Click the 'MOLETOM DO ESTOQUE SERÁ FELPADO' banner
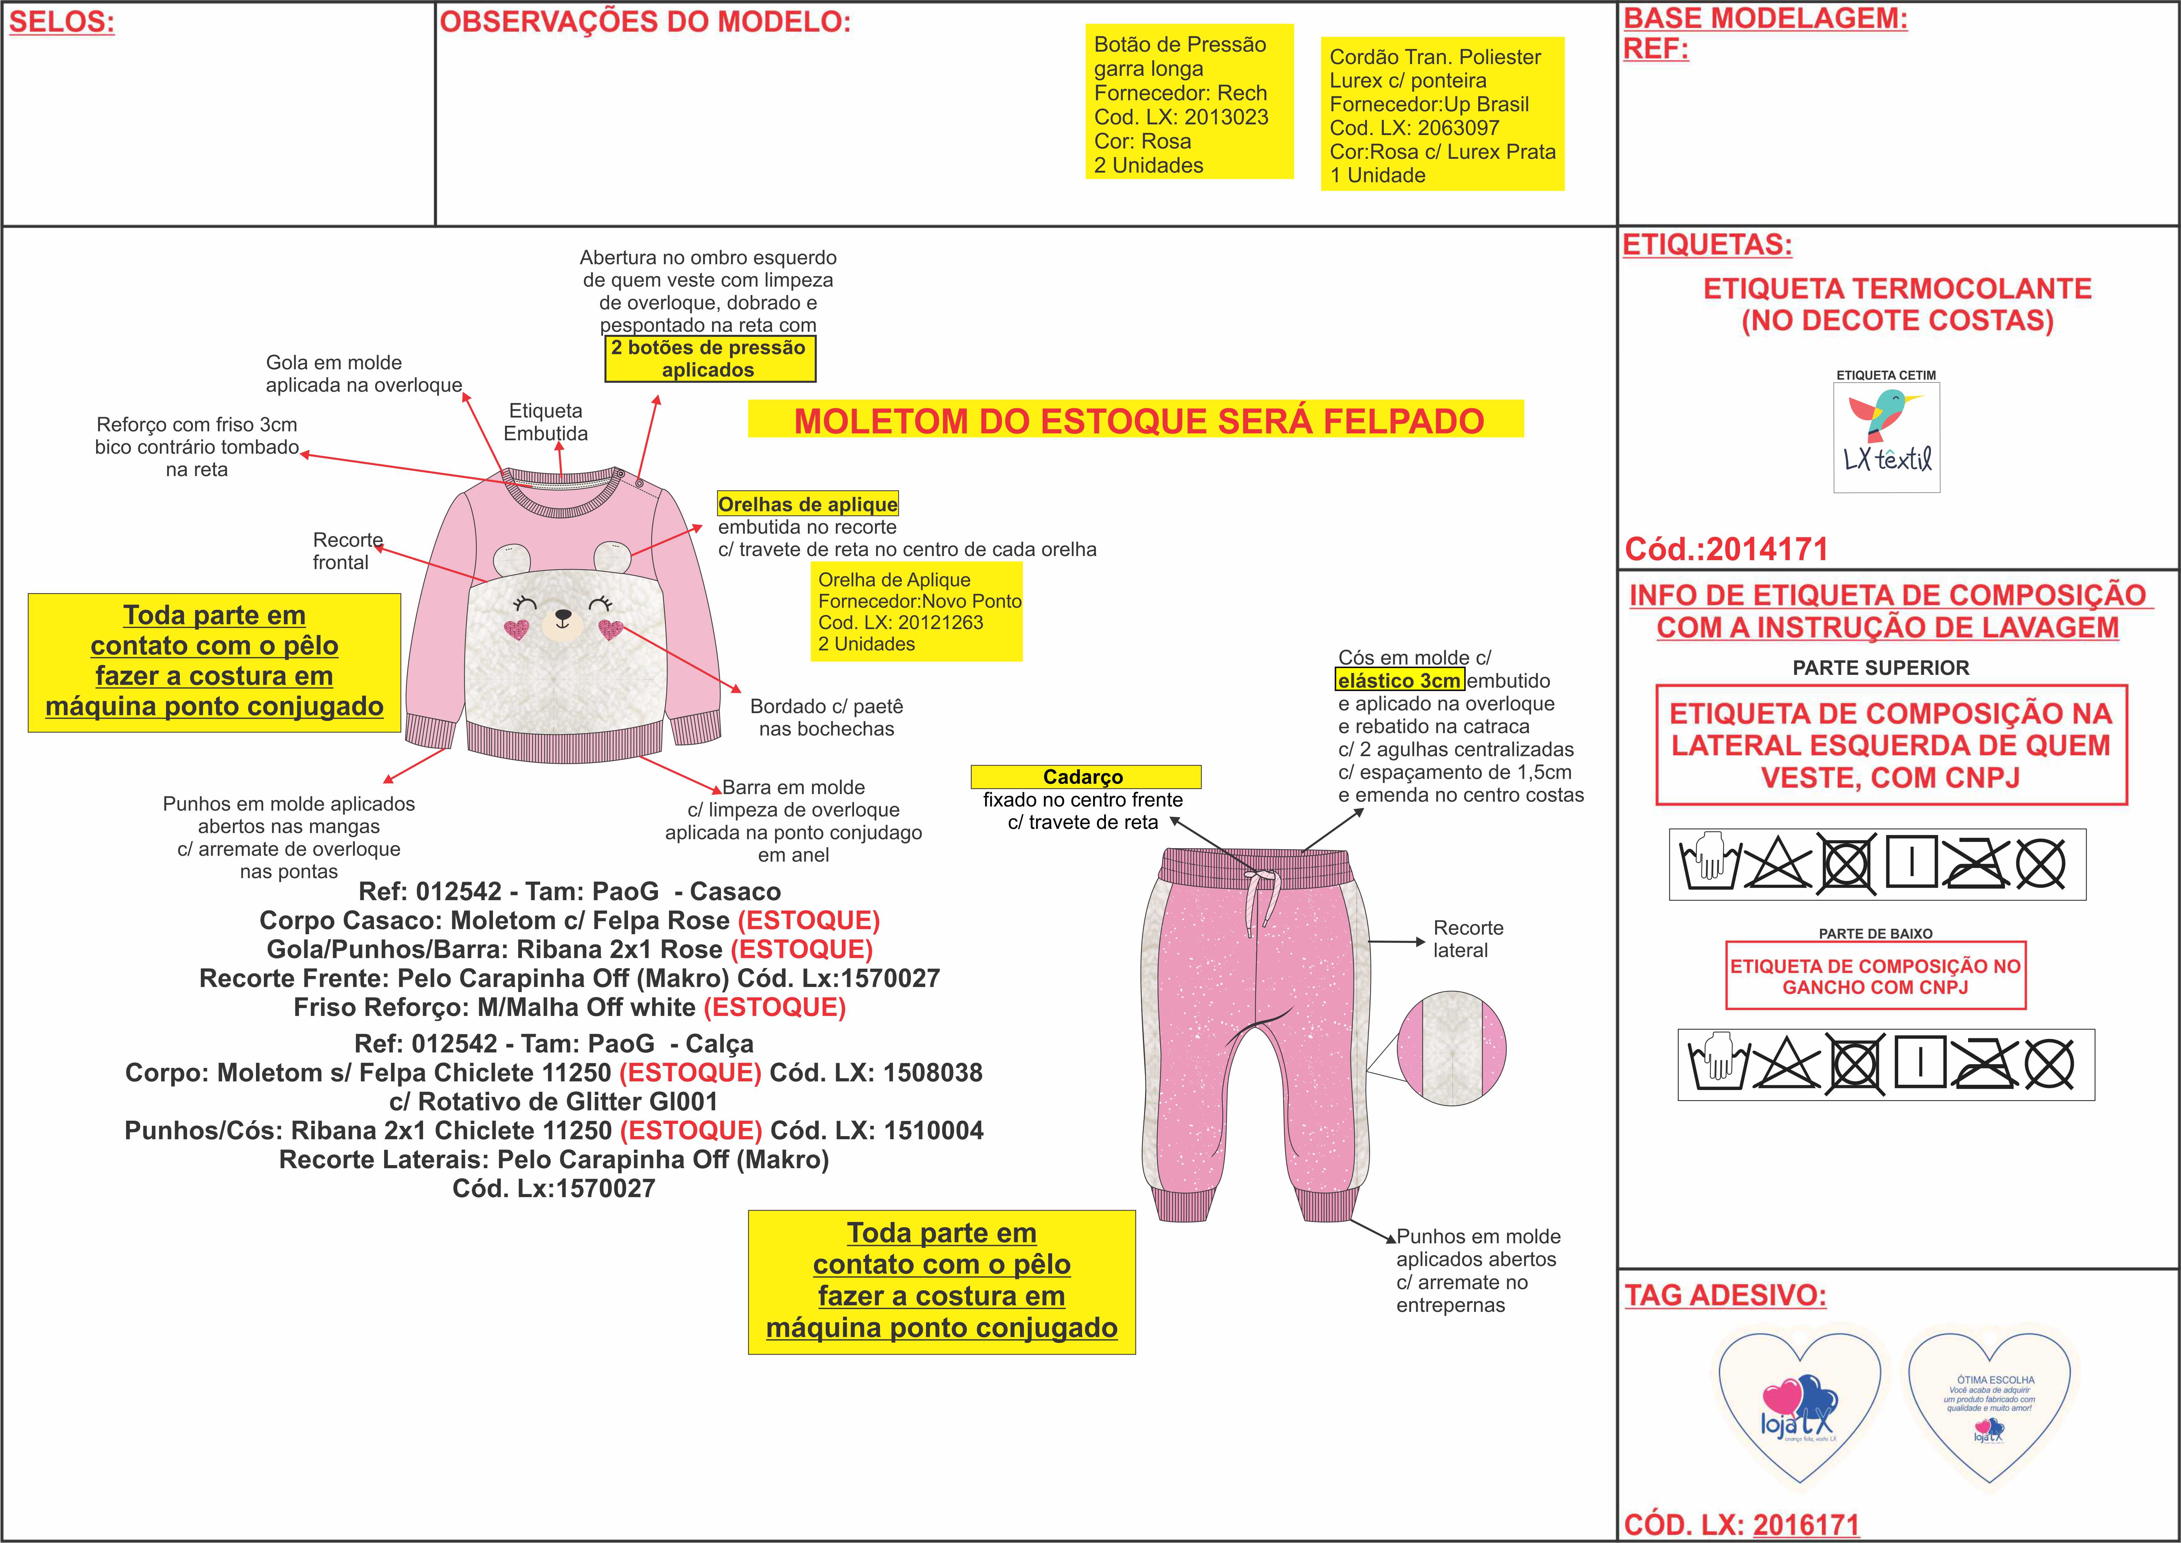coord(1137,420)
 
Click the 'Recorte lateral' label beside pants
coord(1468,939)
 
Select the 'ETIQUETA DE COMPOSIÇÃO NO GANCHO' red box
coord(1875,976)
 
